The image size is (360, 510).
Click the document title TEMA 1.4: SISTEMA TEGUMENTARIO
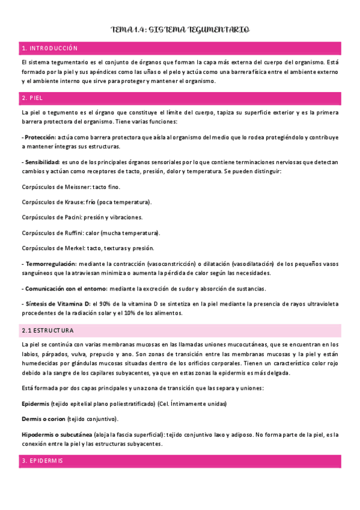pos(180,29)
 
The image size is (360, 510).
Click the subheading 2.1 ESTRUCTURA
pos(47,331)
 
